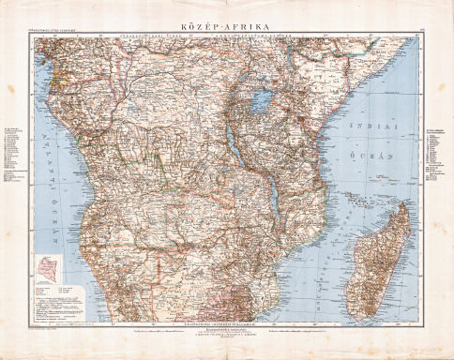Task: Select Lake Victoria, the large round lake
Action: (x=261, y=97)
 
